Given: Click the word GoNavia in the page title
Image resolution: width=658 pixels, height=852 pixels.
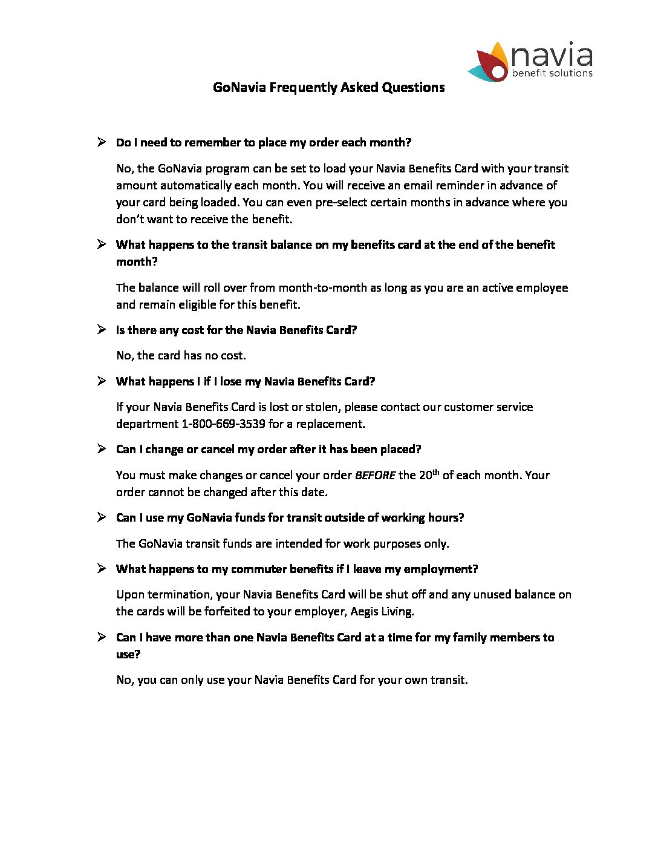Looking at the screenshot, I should (239, 87).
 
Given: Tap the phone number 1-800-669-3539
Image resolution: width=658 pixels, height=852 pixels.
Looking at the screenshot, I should (223, 424).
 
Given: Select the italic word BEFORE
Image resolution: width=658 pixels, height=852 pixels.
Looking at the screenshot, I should (375, 475).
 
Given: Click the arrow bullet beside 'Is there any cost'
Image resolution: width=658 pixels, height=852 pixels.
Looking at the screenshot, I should (102, 329).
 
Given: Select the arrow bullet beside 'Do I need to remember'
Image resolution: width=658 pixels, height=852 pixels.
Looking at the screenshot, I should (102, 142).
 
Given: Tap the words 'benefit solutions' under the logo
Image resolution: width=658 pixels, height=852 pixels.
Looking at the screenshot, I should (552, 73).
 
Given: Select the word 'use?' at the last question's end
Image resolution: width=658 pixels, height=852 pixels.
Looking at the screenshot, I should (128, 654).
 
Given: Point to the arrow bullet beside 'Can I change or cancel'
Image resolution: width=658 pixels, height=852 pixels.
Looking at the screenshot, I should (102, 448).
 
